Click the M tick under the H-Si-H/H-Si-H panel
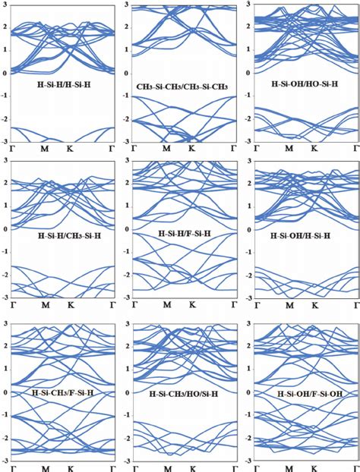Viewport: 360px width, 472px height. tap(45, 148)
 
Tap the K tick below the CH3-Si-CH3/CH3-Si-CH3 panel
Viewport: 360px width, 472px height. tap(194, 148)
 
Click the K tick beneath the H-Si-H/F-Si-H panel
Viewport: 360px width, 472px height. tap(194, 305)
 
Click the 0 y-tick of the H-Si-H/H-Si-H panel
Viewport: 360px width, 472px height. tap(5, 73)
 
